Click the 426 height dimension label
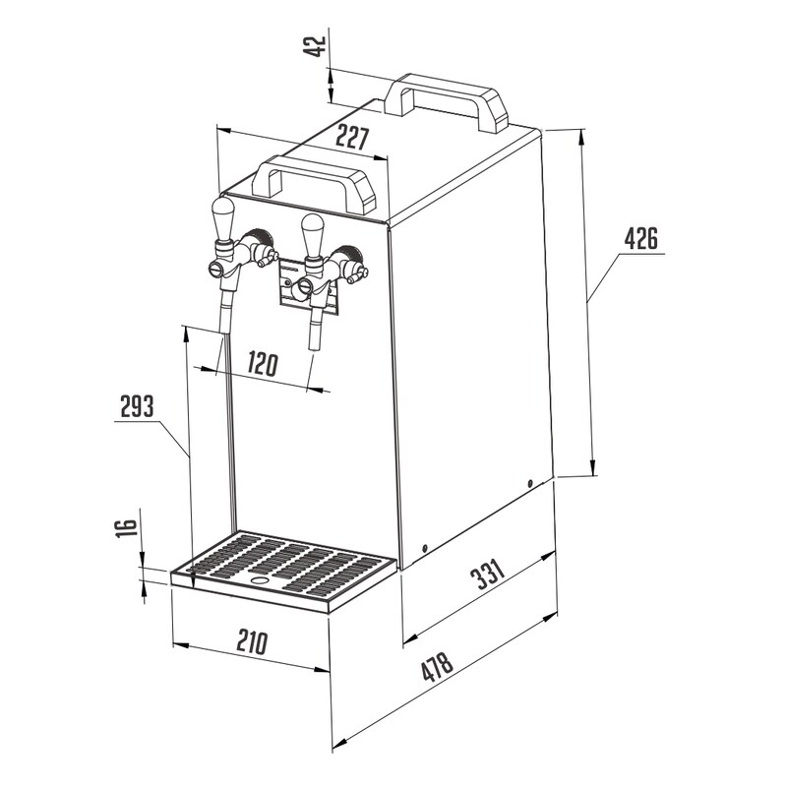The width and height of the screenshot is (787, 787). [x=641, y=238]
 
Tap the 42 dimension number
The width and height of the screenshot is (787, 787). [x=316, y=46]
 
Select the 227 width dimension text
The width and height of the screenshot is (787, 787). [x=352, y=138]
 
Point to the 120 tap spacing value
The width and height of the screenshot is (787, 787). [x=262, y=364]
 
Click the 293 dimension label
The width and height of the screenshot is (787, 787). [x=137, y=406]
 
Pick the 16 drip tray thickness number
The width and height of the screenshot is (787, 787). [x=127, y=528]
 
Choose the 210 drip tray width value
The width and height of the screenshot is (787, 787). [x=252, y=641]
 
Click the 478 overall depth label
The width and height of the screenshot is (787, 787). [x=438, y=667]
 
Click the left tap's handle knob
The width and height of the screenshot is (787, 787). [x=223, y=218]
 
